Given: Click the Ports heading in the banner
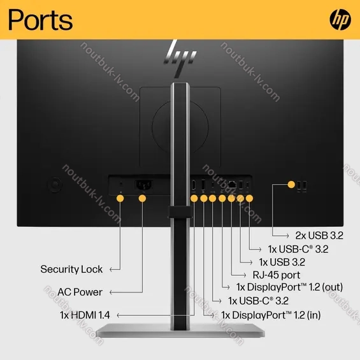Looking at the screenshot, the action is [40, 20].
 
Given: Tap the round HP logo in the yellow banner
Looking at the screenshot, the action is [340, 20].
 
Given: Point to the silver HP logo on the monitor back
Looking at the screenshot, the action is [181, 57].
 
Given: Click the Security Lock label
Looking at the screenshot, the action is [71, 269].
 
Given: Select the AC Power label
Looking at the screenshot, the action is [80, 292].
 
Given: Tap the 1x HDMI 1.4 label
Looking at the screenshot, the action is [85, 315].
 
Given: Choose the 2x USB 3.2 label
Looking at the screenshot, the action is [319, 235].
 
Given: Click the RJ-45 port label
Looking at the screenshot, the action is [277, 275].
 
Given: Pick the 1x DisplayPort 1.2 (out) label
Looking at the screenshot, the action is [289, 287].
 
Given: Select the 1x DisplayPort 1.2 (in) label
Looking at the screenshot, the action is [271, 315].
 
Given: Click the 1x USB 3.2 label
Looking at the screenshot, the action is [282, 262].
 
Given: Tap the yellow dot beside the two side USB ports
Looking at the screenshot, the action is [291, 184].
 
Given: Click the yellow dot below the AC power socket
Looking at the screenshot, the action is [142, 198].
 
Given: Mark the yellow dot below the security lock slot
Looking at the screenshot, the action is [120, 198].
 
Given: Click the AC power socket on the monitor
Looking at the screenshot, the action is [143, 185].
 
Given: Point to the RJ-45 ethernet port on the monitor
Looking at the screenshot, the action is [232, 185].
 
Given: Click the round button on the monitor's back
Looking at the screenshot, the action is [54, 184].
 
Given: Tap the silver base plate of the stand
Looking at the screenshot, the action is [180, 330].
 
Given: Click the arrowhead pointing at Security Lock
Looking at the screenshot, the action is [111, 270].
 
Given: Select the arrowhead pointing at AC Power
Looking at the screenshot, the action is [111, 292].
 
